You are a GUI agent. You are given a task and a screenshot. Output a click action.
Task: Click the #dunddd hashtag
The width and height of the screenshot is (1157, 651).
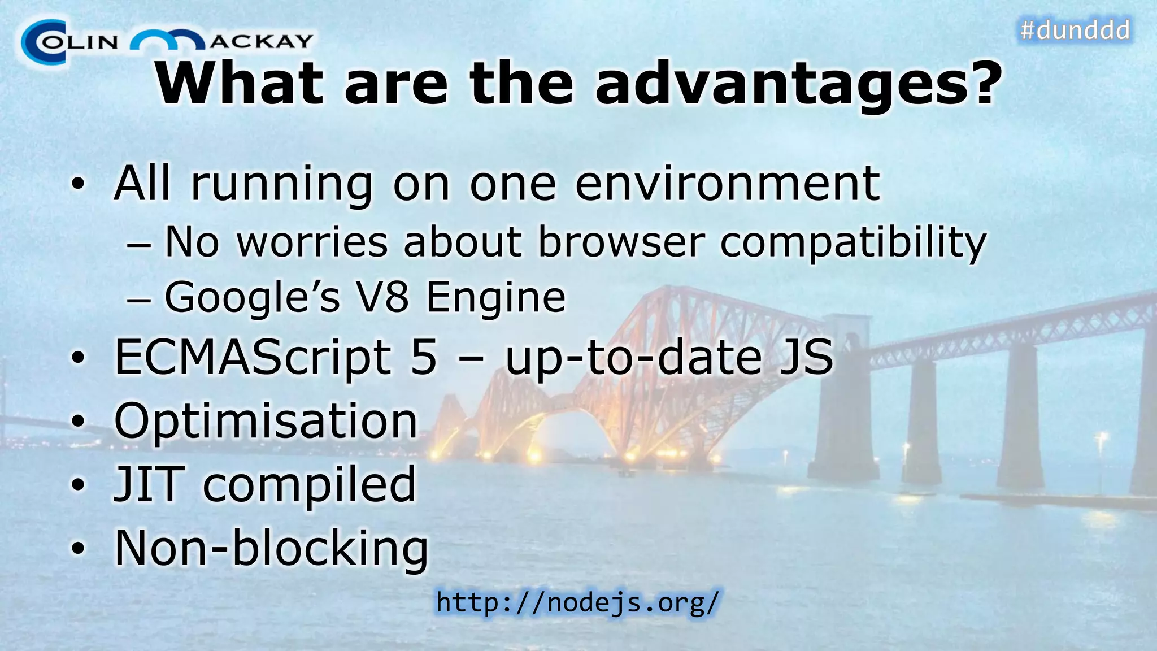(x=1075, y=30)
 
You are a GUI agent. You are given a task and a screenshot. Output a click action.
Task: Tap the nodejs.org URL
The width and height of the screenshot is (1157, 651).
(x=577, y=602)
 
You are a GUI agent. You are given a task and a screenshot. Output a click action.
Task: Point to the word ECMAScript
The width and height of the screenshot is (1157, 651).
(x=253, y=358)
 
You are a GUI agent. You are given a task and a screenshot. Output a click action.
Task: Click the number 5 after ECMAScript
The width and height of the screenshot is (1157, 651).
(x=424, y=357)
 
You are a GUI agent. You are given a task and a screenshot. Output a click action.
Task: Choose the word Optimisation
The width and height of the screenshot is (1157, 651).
(x=266, y=422)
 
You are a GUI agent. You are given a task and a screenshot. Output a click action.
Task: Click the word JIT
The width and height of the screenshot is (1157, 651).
(x=149, y=484)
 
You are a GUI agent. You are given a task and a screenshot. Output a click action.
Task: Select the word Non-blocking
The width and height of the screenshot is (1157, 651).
(x=271, y=548)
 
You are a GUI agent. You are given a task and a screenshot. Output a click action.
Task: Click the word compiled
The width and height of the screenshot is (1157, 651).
(x=309, y=485)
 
